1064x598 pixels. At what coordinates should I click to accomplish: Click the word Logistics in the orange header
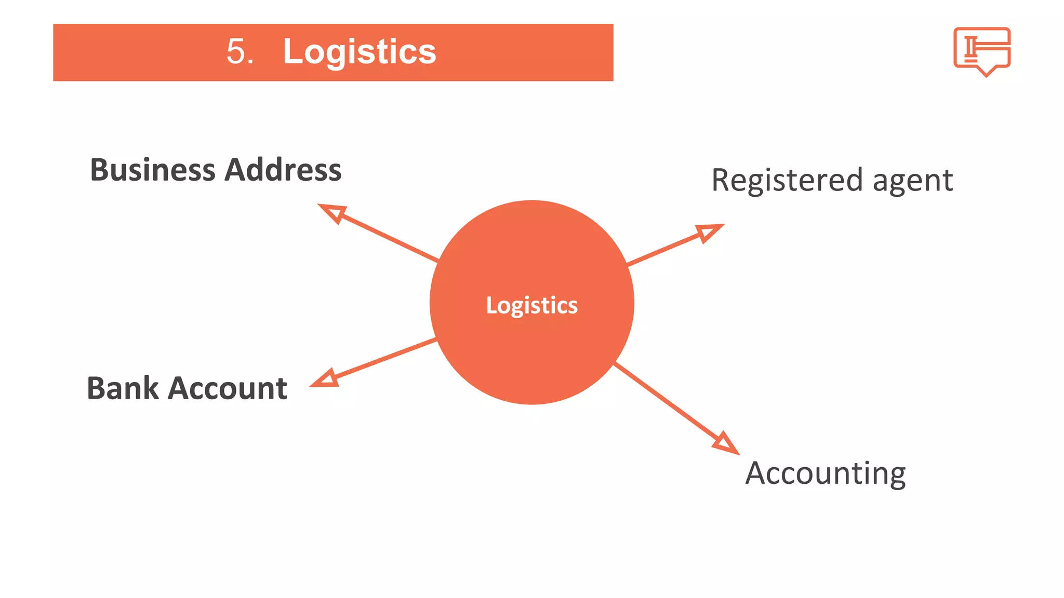359,52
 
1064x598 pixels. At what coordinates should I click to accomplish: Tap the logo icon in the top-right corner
981,48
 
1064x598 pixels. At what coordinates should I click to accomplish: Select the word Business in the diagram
152,170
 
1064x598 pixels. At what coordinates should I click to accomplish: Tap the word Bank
122,388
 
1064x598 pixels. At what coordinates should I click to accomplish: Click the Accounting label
825,473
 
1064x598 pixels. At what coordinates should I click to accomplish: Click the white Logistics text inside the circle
531,305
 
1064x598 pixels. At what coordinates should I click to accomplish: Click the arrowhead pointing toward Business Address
333,212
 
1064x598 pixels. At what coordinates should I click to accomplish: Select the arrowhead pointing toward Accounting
726,444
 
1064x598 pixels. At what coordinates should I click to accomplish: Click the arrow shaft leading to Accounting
665,401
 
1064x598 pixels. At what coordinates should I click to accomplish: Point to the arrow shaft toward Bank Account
384,358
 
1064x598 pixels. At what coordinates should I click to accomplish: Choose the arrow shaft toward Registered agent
662,251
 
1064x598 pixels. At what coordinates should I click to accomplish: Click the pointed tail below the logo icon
986,72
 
